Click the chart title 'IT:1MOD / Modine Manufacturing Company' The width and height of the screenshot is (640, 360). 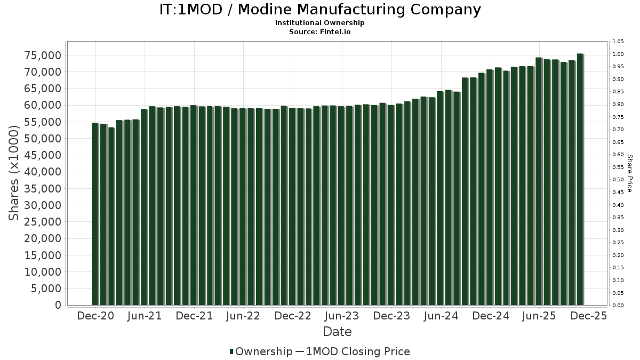pos(320,10)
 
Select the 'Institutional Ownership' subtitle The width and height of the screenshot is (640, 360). pos(320,23)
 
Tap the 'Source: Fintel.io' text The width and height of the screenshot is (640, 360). pos(320,32)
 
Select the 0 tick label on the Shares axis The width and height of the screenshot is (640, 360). pos(58,305)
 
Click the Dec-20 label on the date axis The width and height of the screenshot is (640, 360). pos(96,316)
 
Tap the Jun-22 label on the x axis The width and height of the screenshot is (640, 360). pos(243,316)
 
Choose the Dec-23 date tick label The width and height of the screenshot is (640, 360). pos(391,316)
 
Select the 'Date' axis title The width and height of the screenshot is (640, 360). pos(337,332)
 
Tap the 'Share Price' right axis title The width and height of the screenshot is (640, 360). pos(629,173)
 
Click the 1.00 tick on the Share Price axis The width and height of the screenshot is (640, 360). pos(618,54)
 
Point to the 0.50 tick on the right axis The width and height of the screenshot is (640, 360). pos(618,180)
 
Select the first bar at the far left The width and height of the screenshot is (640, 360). pos(95,214)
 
